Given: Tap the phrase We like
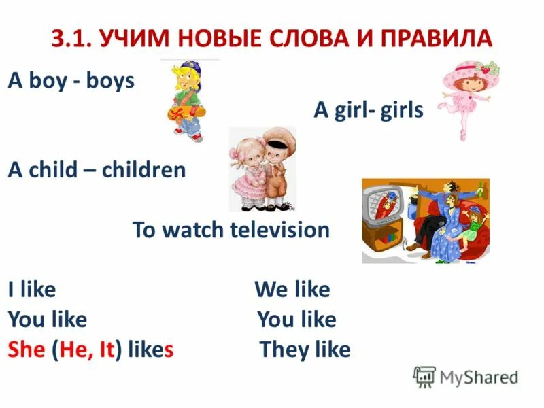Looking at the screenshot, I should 292,290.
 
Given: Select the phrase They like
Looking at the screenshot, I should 305,350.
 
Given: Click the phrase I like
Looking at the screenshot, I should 32,290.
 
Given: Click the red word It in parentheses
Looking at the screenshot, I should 104,350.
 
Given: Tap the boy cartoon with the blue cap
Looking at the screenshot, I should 183,99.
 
